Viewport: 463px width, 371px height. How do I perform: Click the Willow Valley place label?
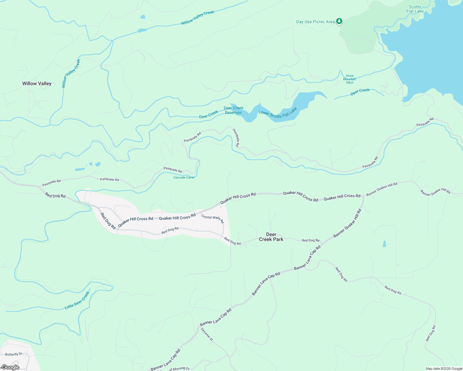37,83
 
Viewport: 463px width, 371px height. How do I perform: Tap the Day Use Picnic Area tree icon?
340,21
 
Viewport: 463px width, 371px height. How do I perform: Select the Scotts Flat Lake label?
415,9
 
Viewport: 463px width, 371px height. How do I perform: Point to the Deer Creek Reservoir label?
234,110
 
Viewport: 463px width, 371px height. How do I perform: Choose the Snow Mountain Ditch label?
350,79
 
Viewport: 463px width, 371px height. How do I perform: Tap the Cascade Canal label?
184,177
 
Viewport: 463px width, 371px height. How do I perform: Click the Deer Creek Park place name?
271,237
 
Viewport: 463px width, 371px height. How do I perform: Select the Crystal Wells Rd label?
212,219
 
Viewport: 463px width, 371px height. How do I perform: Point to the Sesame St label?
207,334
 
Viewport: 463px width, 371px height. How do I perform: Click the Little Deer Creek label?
77,300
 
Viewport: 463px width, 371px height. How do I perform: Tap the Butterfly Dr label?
14,354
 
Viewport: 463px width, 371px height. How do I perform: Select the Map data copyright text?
444,369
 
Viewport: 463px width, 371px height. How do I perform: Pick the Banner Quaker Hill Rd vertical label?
348,223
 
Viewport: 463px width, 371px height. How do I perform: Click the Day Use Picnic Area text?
315,22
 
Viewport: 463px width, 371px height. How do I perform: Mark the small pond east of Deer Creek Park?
384,244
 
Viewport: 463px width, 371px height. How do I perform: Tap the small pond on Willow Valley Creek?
142,30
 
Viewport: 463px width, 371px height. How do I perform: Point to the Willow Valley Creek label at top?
198,18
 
